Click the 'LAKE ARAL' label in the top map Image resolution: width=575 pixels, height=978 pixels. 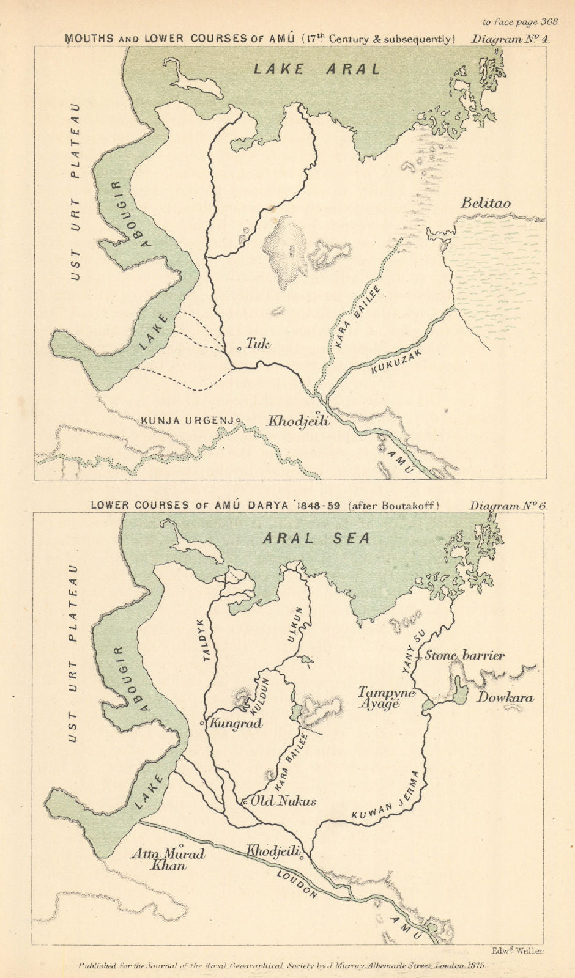click(317, 68)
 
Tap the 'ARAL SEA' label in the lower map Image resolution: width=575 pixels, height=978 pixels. click(316, 539)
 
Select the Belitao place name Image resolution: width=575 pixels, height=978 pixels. click(486, 203)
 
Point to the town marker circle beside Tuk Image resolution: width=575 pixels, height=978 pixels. click(239, 348)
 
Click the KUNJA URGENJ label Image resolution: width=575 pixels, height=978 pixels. click(188, 421)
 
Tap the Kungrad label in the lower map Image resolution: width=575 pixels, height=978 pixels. click(236, 724)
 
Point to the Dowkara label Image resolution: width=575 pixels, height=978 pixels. click(505, 697)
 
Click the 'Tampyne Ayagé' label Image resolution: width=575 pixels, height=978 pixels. click(386, 698)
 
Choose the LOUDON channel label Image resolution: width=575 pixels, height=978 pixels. click(297, 884)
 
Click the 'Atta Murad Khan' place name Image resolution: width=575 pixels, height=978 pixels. click(167, 860)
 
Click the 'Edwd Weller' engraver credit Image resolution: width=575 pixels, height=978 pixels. click(517, 950)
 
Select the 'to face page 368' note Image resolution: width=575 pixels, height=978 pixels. click(520, 21)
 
